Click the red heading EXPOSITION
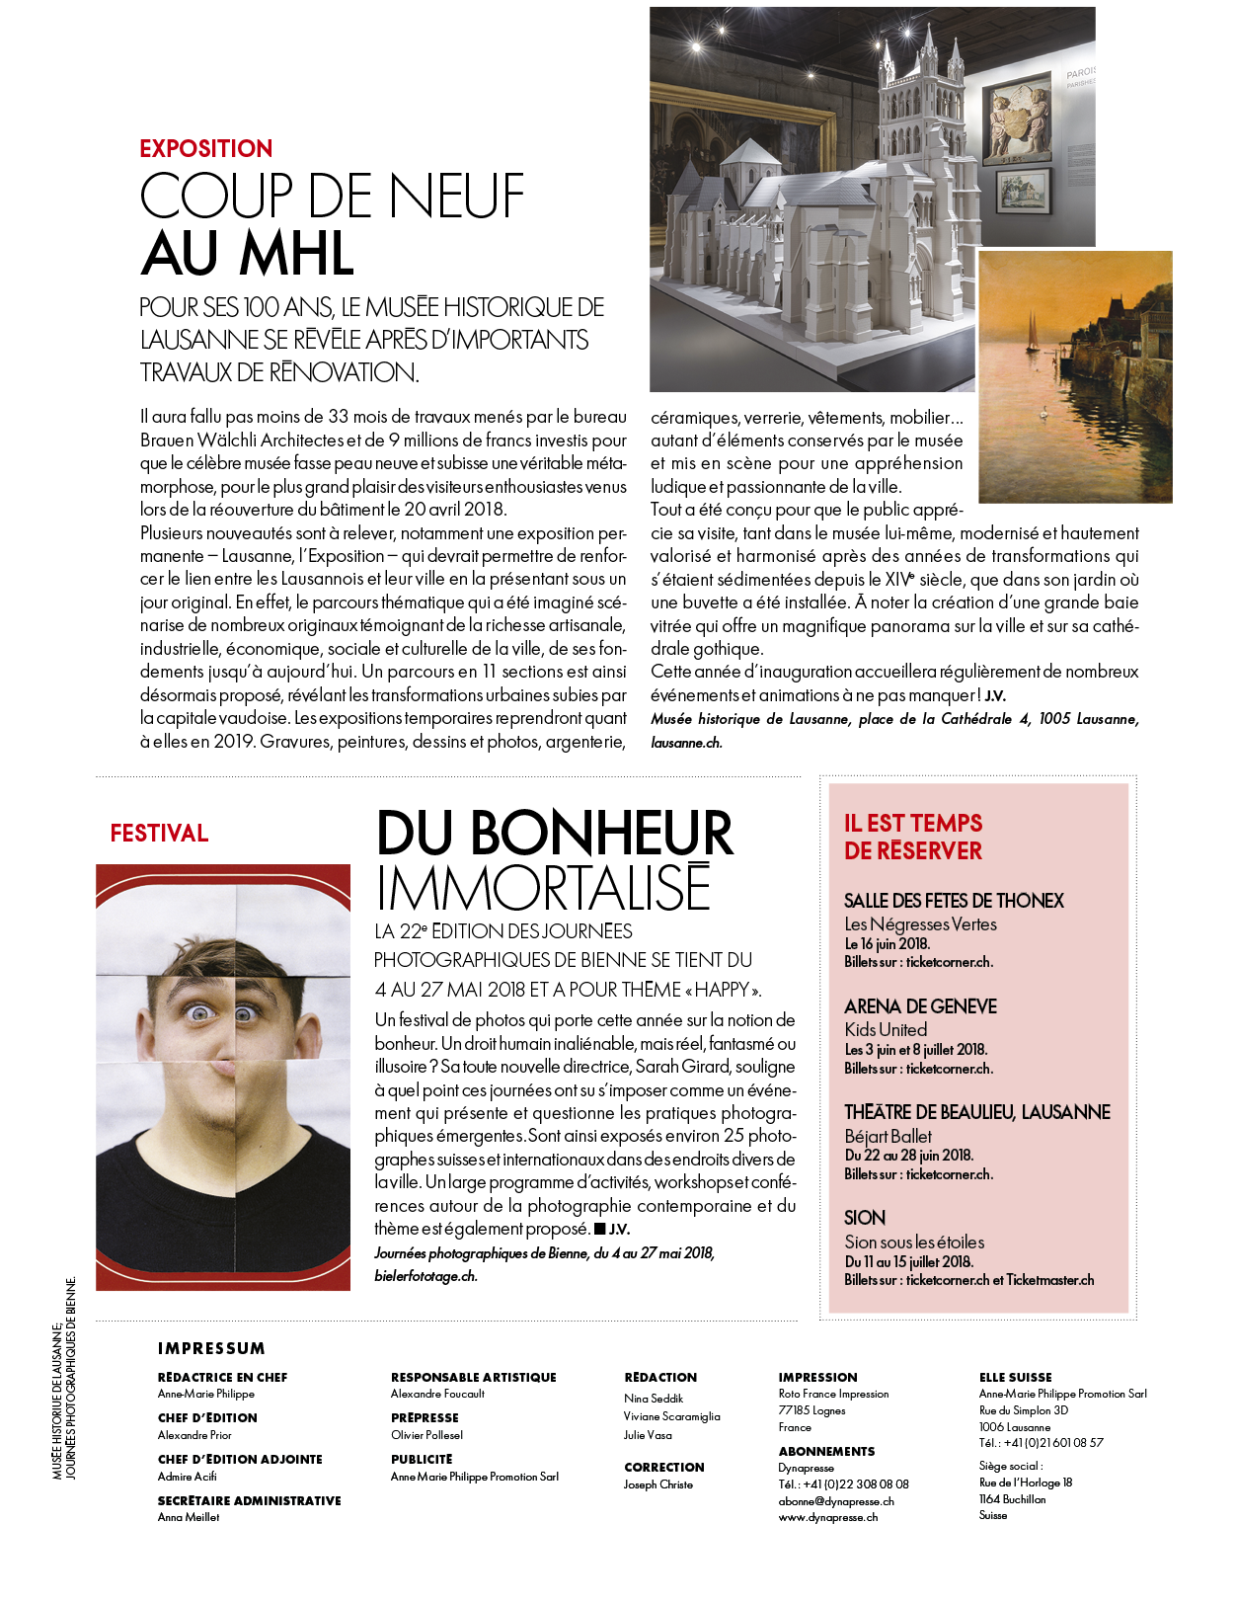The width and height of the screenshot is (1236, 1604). coord(205,149)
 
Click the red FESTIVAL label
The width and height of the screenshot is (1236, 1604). coord(159,834)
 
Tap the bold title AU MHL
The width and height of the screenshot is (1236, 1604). coord(248,254)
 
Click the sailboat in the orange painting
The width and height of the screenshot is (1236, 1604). coord(1032,332)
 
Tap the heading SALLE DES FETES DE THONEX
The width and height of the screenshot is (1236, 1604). coord(954,901)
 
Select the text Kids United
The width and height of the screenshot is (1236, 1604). coord(886,1029)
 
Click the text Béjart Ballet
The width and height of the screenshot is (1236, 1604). coord(888,1136)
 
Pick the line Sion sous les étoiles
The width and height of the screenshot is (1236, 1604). coord(914,1242)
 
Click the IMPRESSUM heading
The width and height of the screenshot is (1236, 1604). coord(211,1348)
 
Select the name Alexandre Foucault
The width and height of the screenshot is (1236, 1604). coord(437,1394)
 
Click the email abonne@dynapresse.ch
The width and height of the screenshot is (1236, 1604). coord(836,1501)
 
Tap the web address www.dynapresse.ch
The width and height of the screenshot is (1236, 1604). coord(827,1517)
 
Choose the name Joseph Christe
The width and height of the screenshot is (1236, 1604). coord(658,1484)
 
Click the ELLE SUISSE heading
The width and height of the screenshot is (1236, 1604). coord(1015,1377)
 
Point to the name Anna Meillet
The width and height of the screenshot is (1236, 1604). coord(189,1517)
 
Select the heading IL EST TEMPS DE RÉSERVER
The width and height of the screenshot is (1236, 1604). coord(913,837)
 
